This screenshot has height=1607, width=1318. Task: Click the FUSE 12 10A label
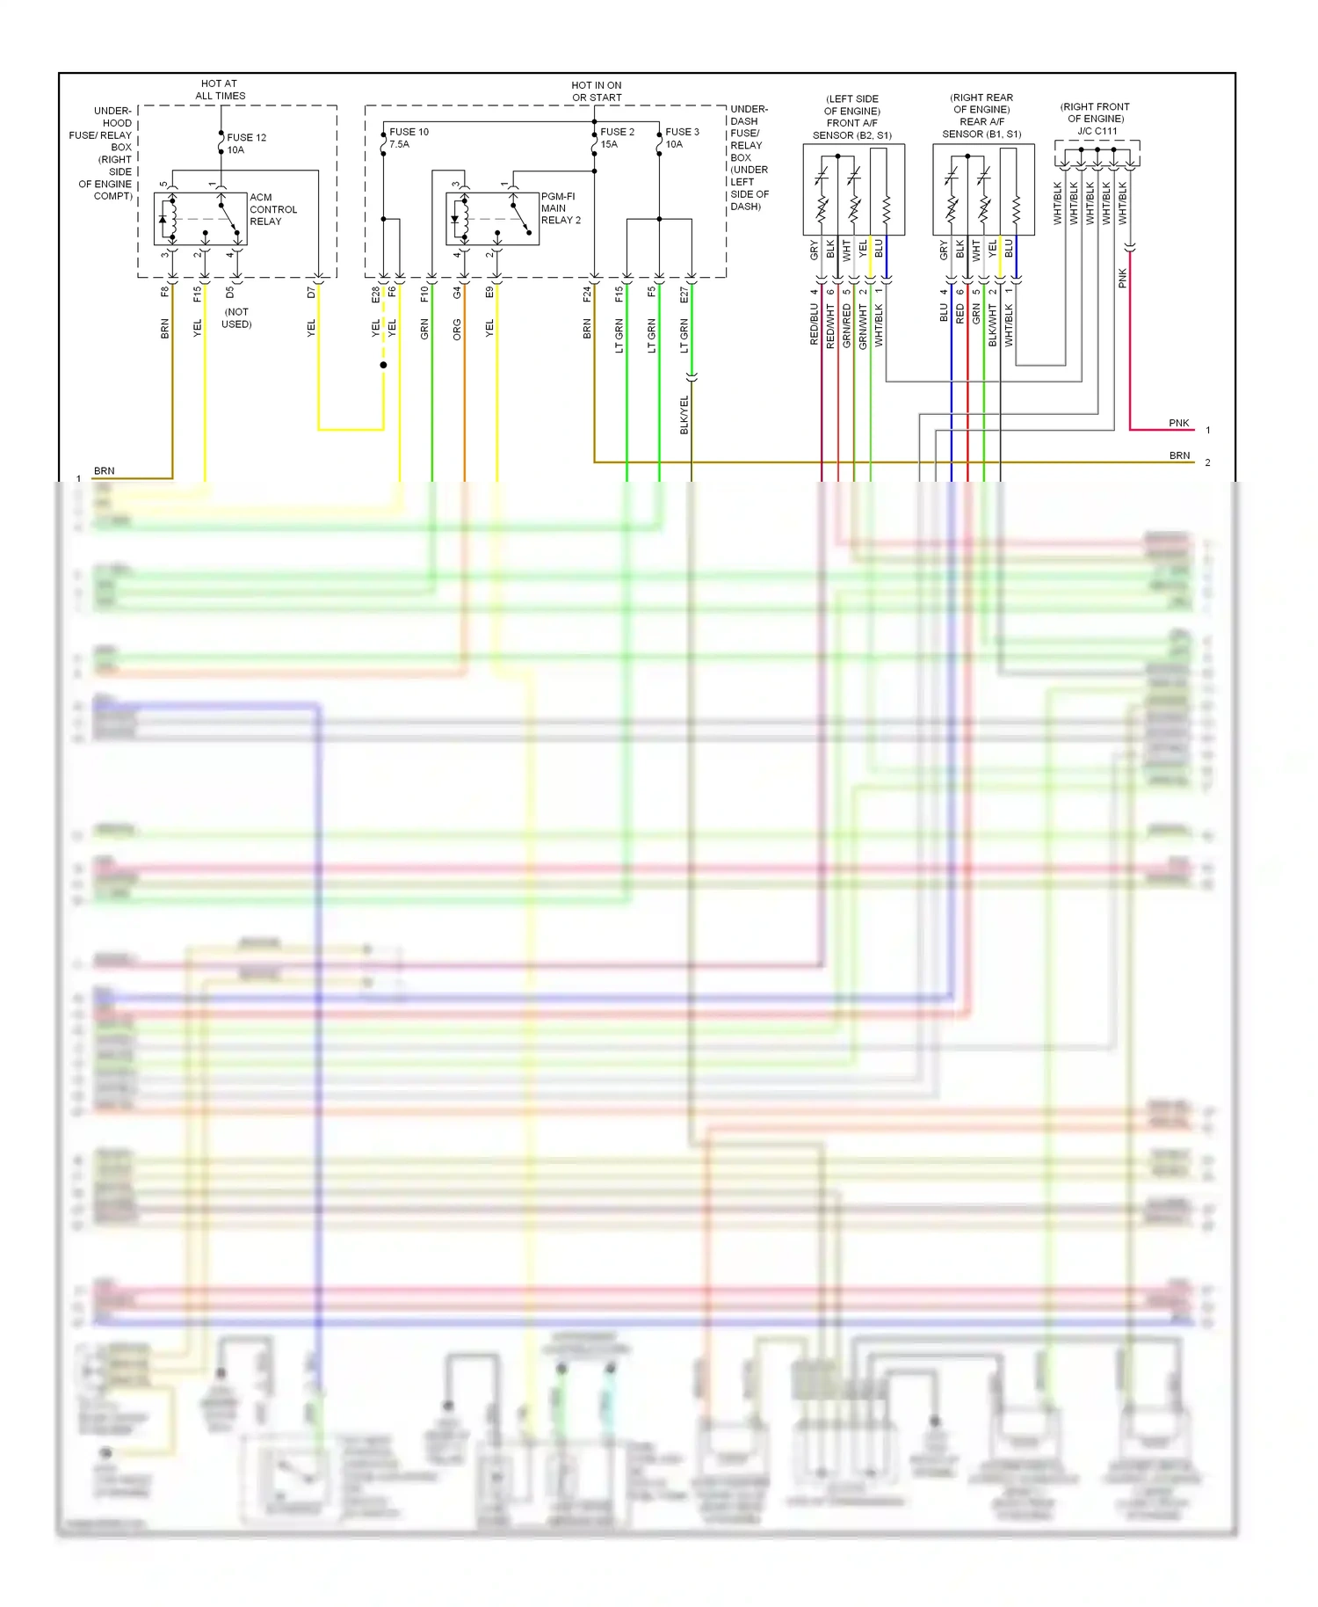pos(245,143)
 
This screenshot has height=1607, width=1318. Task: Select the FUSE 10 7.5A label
pos(408,138)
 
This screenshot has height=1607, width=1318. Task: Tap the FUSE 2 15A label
pos(617,138)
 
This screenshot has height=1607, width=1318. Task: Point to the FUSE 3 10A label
pos(682,138)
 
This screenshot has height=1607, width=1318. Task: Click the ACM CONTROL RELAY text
pos(272,209)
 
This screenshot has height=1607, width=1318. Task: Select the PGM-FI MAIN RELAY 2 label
pos(560,208)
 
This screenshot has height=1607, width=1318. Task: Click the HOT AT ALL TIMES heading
pos(220,90)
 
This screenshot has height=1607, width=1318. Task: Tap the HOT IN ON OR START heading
pos(597,91)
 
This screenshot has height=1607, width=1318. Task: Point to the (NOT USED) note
pos(236,318)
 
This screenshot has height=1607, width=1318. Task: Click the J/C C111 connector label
pos(1097,131)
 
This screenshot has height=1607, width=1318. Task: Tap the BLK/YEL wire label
pos(684,414)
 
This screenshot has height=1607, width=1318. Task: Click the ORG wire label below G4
pos(457,330)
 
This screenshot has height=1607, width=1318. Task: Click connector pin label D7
pos(311,292)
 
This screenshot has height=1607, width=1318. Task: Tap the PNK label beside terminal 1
pos(1178,423)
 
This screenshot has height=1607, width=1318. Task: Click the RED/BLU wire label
pos(815,324)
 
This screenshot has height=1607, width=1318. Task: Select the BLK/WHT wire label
pos(992,325)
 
